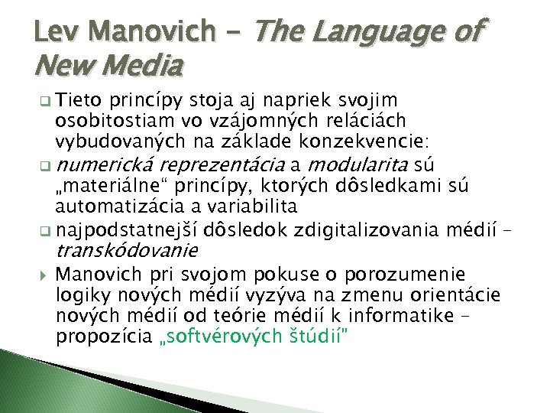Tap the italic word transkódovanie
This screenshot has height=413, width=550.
click(x=126, y=250)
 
